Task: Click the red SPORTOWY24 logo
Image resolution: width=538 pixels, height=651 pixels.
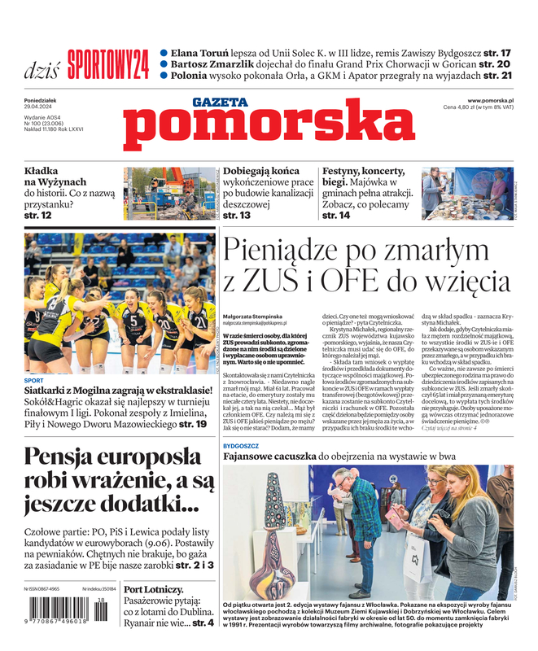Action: (108, 63)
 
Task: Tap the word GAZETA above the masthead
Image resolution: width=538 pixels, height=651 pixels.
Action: (219, 103)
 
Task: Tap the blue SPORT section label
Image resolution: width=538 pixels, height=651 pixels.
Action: (34, 381)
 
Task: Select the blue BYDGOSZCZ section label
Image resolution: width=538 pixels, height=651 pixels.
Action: (243, 447)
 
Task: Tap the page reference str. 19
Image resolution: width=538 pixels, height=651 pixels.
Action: (192, 424)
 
